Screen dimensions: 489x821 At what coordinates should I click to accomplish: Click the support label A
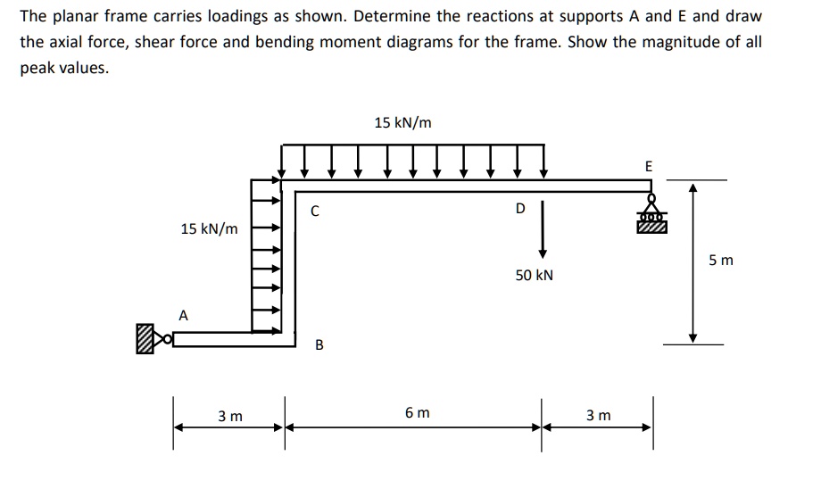(184, 315)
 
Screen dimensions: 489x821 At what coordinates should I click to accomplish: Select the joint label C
(314, 211)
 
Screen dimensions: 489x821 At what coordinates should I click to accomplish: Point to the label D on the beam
(520, 209)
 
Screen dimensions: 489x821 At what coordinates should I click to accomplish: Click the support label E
(648, 166)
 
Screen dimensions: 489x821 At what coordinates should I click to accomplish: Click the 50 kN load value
(534, 275)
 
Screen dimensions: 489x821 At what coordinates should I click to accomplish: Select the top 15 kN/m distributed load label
(402, 123)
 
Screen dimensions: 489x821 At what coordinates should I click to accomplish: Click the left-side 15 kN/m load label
(209, 229)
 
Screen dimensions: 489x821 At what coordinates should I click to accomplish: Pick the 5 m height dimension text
(721, 261)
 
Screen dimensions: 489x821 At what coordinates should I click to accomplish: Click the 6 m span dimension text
(416, 413)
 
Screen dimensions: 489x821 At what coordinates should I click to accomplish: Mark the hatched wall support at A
(144, 339)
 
